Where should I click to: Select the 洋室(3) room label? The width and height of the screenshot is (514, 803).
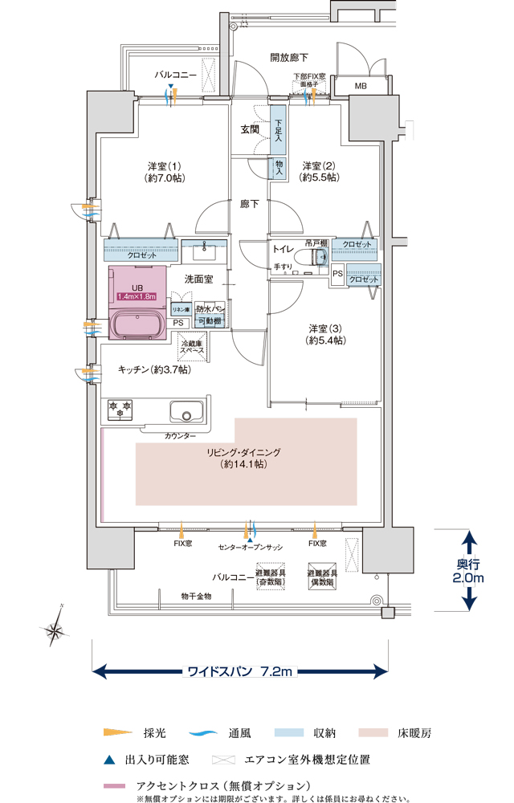coord(325,334)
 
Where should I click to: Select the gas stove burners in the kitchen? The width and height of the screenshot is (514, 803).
coord(120,410)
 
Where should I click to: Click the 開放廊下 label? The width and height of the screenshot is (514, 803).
coord(288,58)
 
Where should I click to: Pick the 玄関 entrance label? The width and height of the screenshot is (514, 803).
coord(250,128)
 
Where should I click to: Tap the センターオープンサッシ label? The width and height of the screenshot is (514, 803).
coord(251,546)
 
